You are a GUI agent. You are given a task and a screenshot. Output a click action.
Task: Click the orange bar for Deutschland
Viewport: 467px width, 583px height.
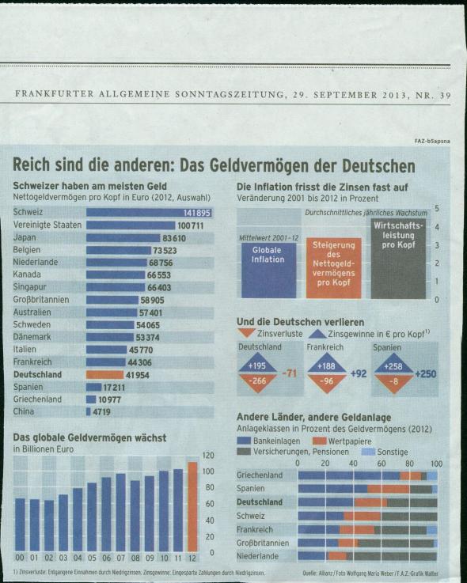point(104,375)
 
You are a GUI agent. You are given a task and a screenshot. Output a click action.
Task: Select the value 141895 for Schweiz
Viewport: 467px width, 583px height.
point(196,213)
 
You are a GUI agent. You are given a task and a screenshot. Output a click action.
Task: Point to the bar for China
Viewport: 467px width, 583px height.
point(89,412)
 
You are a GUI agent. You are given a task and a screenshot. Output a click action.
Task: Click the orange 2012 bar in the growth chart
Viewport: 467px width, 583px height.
point(192,506)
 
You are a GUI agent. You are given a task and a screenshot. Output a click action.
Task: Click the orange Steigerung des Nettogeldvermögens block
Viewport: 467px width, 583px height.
point(333,267)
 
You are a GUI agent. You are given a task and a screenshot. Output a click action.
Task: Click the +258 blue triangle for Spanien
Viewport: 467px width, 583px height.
point(393,366)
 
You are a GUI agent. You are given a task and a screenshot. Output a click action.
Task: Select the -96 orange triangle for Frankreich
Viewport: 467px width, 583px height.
point(325,380)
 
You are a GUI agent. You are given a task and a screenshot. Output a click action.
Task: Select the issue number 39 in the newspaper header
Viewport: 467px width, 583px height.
point(444,96)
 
